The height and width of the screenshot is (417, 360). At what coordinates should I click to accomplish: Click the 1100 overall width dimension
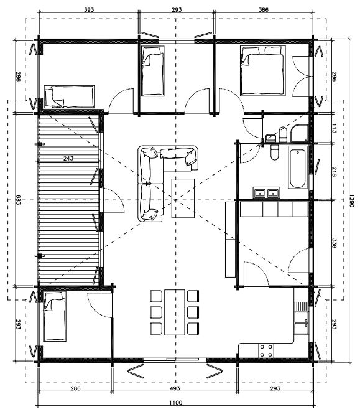coord(175,402)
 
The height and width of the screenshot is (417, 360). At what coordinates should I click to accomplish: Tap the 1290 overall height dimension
coord(351,201)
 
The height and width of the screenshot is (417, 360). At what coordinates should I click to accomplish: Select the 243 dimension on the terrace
coord(68,158)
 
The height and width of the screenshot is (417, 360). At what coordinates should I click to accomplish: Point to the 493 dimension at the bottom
coord(175,388)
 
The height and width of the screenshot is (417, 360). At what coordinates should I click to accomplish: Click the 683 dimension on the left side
coord(18,200)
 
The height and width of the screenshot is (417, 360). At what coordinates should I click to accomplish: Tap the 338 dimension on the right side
coord(335,243)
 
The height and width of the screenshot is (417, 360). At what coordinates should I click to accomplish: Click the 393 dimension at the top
coord(89,10)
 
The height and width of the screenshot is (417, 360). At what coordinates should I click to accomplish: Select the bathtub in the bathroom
coord(298,167)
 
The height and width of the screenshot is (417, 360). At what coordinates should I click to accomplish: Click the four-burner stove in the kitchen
coord(266,350)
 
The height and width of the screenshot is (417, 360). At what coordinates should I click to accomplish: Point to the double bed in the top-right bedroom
coord(262,70)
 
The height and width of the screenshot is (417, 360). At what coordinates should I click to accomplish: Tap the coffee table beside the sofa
coord(183,198)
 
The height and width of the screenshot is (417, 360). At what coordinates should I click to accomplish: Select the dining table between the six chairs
coord(175,312)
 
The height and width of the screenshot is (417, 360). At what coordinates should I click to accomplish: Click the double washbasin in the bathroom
coord(266,193)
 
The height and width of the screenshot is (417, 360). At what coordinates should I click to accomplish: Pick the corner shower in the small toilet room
coord(300,133)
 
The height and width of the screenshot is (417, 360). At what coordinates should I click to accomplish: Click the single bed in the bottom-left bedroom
coord(55,316)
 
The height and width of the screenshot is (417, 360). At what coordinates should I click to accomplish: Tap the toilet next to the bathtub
coord(274,152)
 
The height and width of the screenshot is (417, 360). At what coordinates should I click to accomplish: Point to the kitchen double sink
coord(302,322)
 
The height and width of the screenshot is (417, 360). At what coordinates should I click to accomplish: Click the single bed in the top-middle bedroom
coord(152,71)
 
